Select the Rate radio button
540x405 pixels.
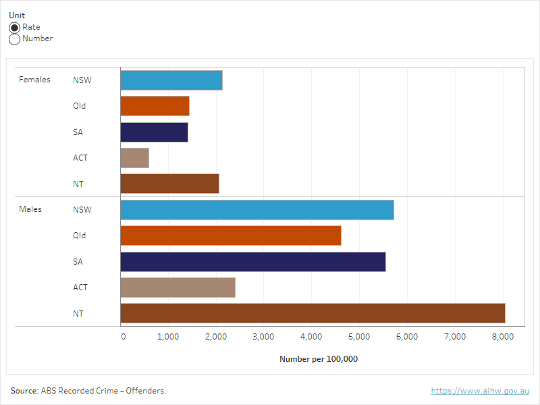(x=14, y=28)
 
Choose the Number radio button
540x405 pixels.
(x=14, y=39)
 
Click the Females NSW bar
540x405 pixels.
(x=171, y=80)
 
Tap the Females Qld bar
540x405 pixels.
(x=155, y=106)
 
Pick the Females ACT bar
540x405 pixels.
(x=134, y=158)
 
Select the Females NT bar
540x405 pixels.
(x=169, y=184)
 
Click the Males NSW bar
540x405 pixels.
(x=256, y=210)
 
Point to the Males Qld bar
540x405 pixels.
(x=230, y=236)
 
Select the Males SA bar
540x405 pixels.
(x=252, y=262)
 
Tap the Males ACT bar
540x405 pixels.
(x=178, y=288)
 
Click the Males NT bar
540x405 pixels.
(x=313, y=313)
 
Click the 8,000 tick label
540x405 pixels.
(x=503, y=336)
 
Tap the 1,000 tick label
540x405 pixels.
(x=168, y=336)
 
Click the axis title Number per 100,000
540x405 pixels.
(x=319, y=359)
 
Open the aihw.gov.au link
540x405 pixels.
(x=480, y=391)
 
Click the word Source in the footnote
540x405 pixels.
(x=24, y=391)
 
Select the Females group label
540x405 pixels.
(x=34, y=80)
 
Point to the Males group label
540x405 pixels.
(x=30, y=209)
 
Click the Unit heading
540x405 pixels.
(x=17, y=16)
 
